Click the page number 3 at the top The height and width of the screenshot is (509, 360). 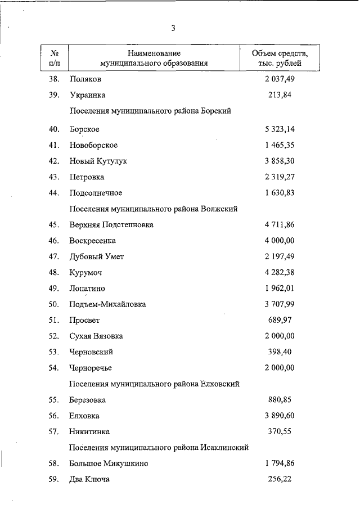(174, 28)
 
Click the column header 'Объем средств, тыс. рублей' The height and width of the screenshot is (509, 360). (280, 58)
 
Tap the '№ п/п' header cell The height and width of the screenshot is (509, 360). (55, 58)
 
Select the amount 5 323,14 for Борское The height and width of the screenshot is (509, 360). (280, 129)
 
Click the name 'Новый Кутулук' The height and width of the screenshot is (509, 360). (98, 161)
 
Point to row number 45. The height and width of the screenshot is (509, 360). (54, 225)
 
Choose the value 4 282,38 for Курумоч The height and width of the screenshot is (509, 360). (280, 272)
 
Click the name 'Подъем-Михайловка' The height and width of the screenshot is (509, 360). (107, 304)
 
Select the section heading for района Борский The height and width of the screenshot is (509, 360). (150, 111)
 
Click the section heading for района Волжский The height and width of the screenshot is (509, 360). (153, 209)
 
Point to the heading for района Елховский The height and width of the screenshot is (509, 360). (154, 384)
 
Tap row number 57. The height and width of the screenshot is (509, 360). (54, 432)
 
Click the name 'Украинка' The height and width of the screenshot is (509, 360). (88, 95)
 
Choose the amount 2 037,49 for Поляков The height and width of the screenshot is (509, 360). (280, 79)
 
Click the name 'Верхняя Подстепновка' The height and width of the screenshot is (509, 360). (111, 225)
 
